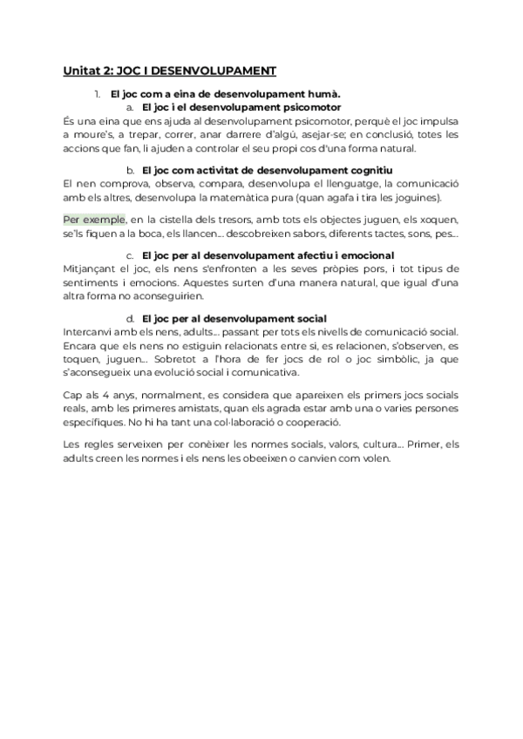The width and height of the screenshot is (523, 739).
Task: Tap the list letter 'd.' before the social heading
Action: click(x=130, y=319)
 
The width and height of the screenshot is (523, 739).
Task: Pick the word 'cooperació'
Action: click(x=336, y=424)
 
